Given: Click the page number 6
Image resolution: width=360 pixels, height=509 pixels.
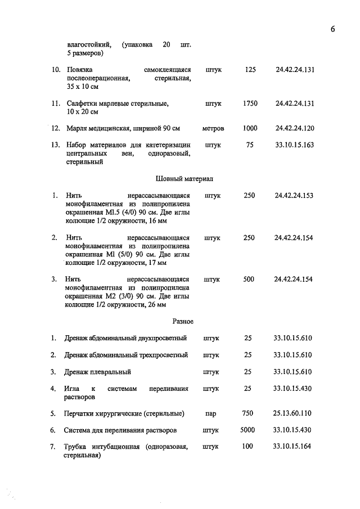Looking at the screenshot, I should point(332,30).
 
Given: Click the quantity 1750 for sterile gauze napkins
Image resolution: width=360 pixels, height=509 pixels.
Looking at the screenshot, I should point(250,103).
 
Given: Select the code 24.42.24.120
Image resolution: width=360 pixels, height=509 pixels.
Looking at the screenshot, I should point(295,128).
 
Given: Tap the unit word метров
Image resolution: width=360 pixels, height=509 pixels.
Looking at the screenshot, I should point(213,129).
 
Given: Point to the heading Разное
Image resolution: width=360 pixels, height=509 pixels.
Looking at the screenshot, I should point(183,321).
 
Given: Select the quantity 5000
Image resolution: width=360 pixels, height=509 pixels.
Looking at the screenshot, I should point(247,430).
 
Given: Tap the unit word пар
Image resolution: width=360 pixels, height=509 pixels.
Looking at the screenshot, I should point(211,413).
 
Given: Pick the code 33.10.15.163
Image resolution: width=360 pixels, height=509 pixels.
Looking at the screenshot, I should point(295,145).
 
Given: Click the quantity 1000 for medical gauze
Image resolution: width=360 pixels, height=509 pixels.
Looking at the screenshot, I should point(250,128).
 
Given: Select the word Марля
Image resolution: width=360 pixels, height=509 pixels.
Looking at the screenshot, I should point(77,129).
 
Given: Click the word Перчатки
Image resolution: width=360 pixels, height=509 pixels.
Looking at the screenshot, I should point(82,413).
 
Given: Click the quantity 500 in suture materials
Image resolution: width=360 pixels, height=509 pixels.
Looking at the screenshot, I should point(249,279).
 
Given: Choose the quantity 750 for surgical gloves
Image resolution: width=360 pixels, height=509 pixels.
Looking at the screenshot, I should point(247,413).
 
